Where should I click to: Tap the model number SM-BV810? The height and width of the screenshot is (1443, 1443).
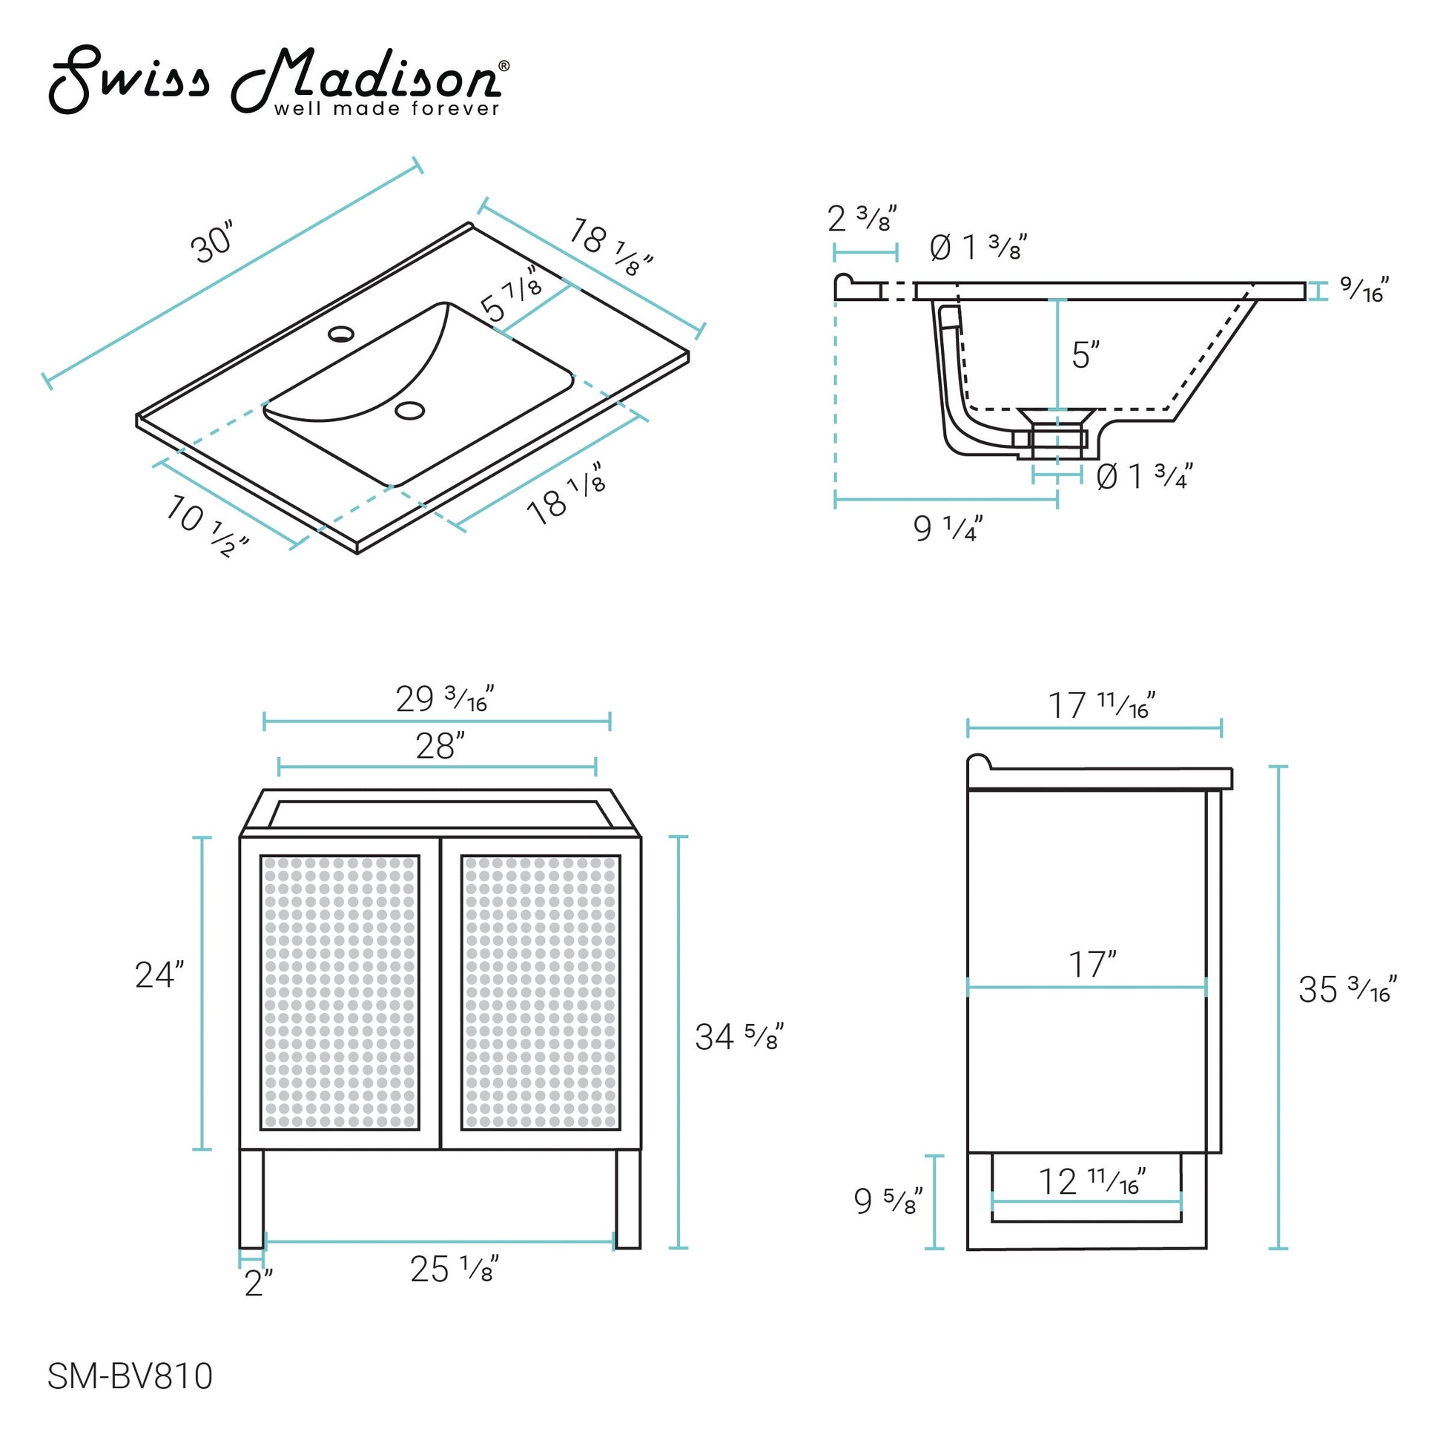pos(130,1376)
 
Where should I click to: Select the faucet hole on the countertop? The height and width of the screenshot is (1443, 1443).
pos(342,333)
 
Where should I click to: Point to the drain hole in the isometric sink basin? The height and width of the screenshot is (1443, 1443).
pos(410,409)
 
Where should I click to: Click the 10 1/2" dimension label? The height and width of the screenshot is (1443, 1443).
pos(205,526)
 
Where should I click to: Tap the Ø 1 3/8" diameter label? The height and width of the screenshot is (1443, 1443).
pos(977,247)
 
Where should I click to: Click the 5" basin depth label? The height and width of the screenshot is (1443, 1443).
pos(1086,354)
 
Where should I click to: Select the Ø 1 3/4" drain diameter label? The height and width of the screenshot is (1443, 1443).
pos(1144,477)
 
